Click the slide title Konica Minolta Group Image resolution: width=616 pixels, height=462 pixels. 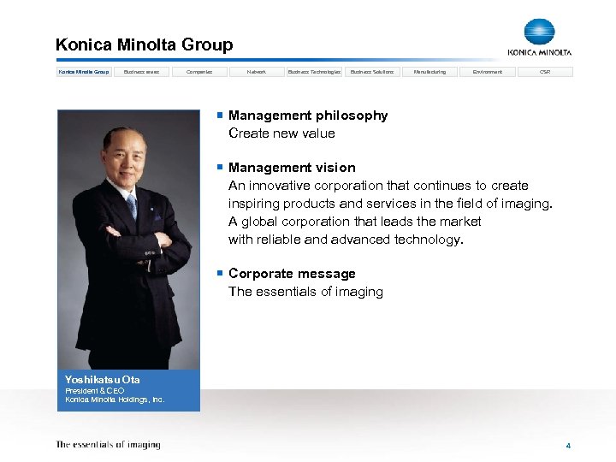pos(144,44)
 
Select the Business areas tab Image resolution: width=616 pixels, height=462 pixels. pos(142,72)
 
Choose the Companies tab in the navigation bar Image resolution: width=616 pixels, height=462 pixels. pos(199,72)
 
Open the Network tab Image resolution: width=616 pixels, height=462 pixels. pos(257,72)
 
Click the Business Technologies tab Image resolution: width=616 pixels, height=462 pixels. pos(314,72)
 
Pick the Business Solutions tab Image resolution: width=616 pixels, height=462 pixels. pos(372,72)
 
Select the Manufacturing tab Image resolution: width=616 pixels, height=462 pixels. pos(429,72)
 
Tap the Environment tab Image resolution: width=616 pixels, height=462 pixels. pos(487,72)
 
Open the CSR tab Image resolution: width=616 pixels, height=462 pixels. pos(545,72)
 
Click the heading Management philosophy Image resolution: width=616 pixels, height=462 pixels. pos(308,115)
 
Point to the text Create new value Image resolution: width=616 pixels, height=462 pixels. pos(281,133)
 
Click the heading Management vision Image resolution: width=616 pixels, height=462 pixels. pos(292,168)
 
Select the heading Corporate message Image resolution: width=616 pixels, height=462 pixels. pos(292,274)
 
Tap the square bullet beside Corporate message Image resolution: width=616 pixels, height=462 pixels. pos(220,273)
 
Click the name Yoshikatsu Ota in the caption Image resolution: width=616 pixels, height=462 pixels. pos(103,380)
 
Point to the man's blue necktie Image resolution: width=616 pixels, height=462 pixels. pos(132,205)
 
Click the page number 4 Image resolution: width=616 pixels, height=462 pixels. pos(567,446)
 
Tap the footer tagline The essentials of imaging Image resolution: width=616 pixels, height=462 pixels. pos(108,445)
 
